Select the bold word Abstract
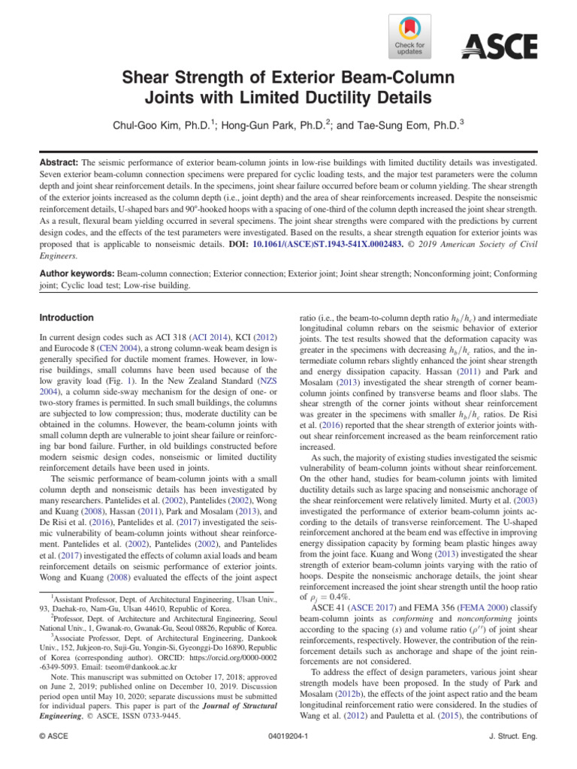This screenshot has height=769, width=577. [59, 162]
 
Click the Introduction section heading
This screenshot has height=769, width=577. [68, 318]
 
